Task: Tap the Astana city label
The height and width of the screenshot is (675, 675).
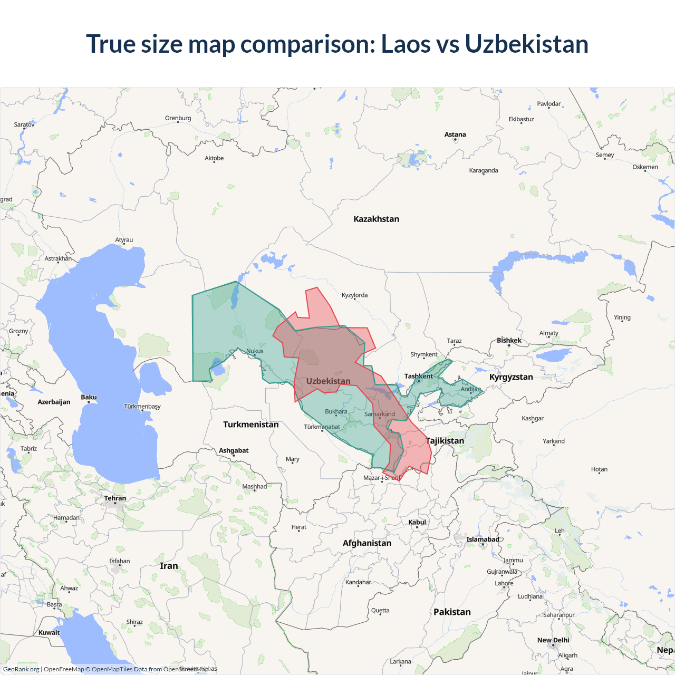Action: pyautogui.click(x=455, y=134)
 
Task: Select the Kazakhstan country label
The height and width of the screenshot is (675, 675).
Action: pyautogui.click(x=376, y=219)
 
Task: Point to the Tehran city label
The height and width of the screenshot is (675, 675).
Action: pyautogui.click(x=115, y=498)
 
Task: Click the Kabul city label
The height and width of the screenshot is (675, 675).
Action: pyautogui.click(x=417, y=522)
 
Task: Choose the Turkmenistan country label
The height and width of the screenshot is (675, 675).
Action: pyautogui.click(x=250, y=425)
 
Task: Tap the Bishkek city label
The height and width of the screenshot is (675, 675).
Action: pyautogui.click(x=509, y=340)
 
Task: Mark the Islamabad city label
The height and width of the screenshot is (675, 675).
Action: pyautogui.click(x=483, y=539)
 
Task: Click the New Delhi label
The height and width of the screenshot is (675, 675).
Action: pyautogui.click(x=553, y=640)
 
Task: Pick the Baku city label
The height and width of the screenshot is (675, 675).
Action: pyautogui.click(x=89, y=397)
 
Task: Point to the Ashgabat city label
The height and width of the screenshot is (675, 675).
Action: pyautogui.click(x=234, y=450)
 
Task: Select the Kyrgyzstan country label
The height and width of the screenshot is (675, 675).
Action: pyautogui.click(x=511, y=377)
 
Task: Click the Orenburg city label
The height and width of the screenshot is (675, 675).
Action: pyautogui.click(x=178, y=118)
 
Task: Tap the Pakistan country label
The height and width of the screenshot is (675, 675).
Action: pyautogui.click(x=452, y=612)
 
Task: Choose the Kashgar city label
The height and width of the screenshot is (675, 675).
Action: pyautogui.click(x=533, y=418)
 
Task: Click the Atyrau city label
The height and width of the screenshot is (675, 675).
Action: pyautogui.click(x=124, y=240)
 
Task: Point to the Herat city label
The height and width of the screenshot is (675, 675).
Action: pyautogui.click(x=298, y=527)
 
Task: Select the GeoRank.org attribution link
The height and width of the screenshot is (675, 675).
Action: pyautogui.click(x=21, y=669)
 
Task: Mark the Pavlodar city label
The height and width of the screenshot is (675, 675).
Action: pyautogui.click(x=549, y=104)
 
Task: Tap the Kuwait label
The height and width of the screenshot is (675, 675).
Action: pyautogui.click(x=49, y=632)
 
